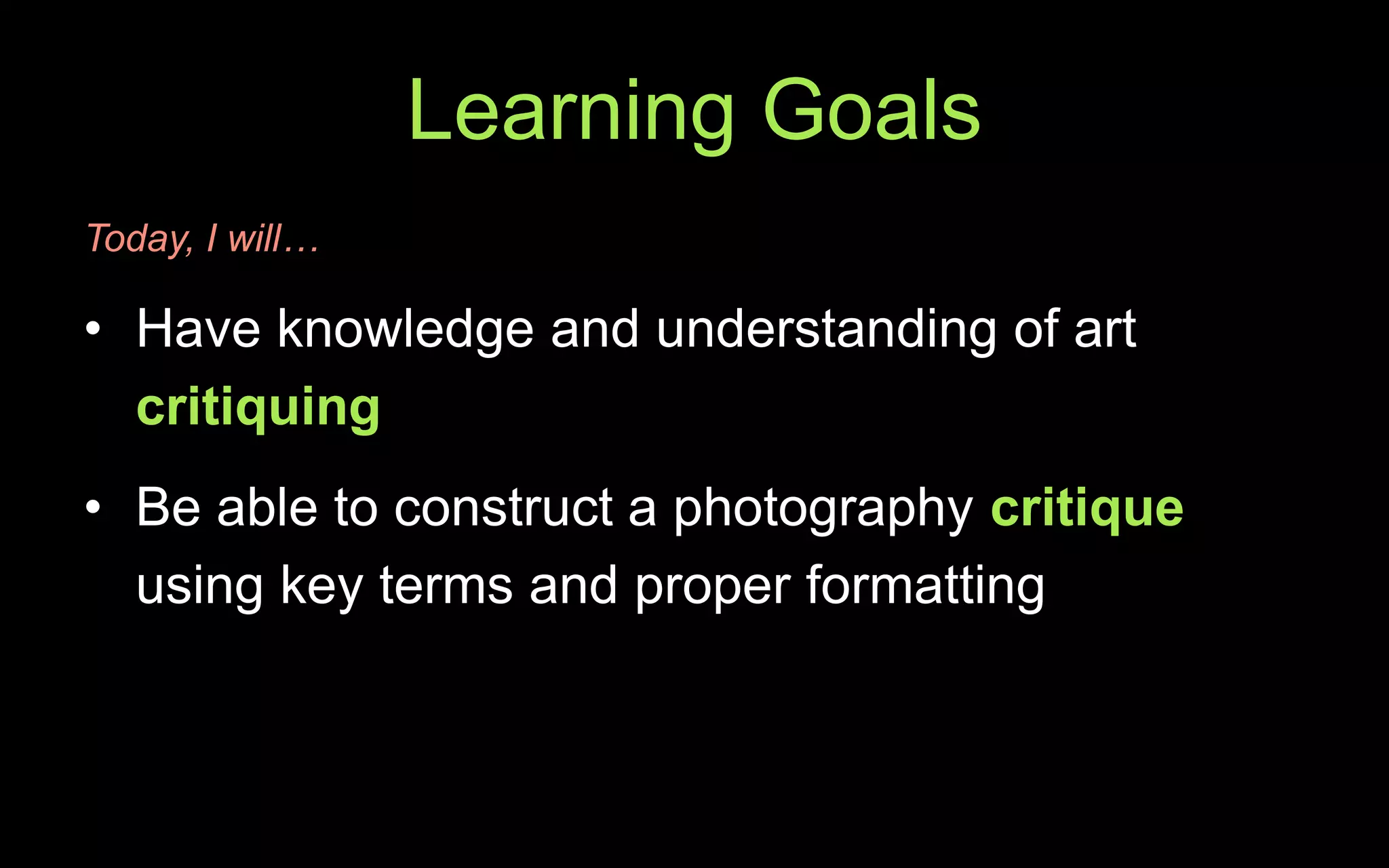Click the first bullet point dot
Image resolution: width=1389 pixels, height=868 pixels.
[93, 330]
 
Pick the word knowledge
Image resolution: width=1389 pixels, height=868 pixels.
[405, 330]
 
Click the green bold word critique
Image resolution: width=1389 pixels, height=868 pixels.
[1087, 509]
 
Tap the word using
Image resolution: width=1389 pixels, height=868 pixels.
[199, 587]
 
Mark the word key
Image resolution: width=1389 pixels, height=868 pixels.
[321, 587]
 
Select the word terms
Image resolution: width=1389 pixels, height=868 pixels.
[446, 585]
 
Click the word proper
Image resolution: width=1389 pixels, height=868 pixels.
[712, 587]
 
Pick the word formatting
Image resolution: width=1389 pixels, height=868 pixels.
[925, 585]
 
